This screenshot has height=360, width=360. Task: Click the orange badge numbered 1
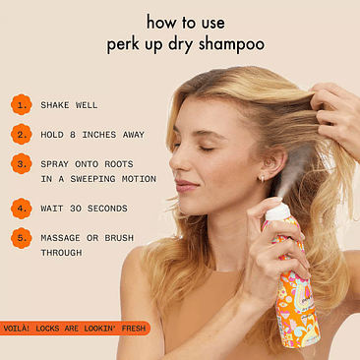point(20,104)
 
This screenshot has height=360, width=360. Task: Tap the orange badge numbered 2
point(20,133)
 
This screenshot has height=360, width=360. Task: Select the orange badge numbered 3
point(20,164)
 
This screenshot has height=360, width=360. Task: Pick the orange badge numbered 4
point(20,209)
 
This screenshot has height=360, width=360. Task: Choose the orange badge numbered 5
point(20,238)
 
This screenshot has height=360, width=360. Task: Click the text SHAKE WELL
point(69,104)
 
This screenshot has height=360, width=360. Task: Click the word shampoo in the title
point(237,45)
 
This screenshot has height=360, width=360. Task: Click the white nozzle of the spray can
point(278,212)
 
